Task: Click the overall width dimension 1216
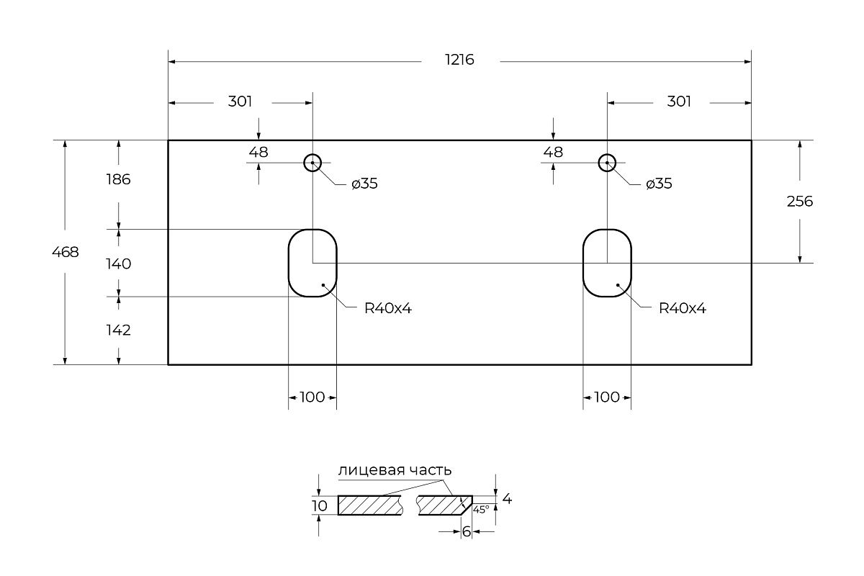pyautogui.click(x=459, y=60)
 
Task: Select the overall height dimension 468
pyautogui.click(x=66, y=252)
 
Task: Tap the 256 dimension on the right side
pyautogui.click(x=799, y=202)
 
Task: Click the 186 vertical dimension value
pyautogui.click(x=118, y=179)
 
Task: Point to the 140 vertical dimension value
pyautogui.click(x=118, y=264)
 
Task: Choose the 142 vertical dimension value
pyautogui.click(x=118, y=330)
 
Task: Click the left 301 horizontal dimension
pyautogui.click(x=240, y=102)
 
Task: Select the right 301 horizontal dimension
pyautogui.click(x=679, y=102)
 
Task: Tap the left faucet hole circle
pyautogui.click(x=312, y=163)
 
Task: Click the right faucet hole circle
pyautogui.click(x=607, y=163)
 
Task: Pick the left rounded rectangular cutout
pyautogui.click(x=312, y=264)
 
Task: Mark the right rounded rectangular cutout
pyautogui.click(x=607, y=264)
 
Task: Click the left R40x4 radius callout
pyautogui.click(x=387, y=309)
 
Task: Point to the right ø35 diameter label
pyautogui.click(x=659, y=184)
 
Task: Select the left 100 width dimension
pyautogui.click(x=312, y=397)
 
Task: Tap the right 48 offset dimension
pyautogui.click(x=553, y=152)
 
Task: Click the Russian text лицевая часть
pyautogui.click(x=395, y=470)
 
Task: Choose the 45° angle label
pyautogui.click(x=481, y=509)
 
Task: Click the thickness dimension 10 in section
pyautogui.click(x=319, y=505)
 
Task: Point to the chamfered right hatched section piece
pyautogui.click(x=442, y=505)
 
